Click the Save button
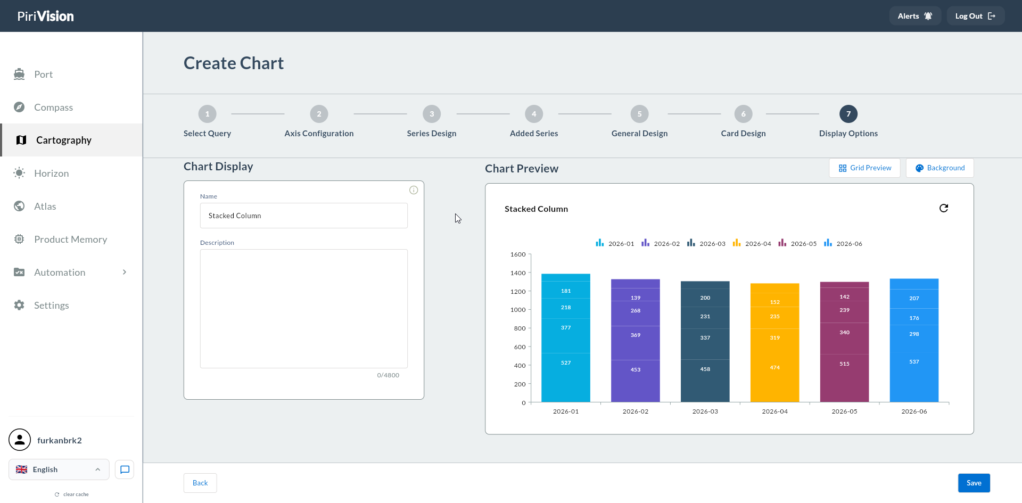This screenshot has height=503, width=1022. (x=974, y=483)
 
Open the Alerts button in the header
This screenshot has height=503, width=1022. (x=915, y=16)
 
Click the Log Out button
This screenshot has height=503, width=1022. (x=975, y=16)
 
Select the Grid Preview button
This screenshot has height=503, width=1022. (x=864, y=168)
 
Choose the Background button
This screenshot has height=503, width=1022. (x=940, y=168)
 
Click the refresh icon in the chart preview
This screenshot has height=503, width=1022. (x=944, y=208)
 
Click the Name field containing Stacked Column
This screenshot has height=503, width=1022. (x=304, y=216)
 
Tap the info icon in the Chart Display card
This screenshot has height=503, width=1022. (x=414, y=190)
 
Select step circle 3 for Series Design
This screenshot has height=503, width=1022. (x=432, y=114)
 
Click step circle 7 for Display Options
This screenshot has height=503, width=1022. (x=848, y=114)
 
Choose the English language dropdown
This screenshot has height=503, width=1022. (x=59, y=469)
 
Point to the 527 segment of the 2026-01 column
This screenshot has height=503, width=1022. (x=566, y=377)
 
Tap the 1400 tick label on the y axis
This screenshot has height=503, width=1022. (x=518, y=273)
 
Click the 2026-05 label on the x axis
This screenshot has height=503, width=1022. (x=845, y=411)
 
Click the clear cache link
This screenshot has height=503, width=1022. (x=72, y=494)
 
